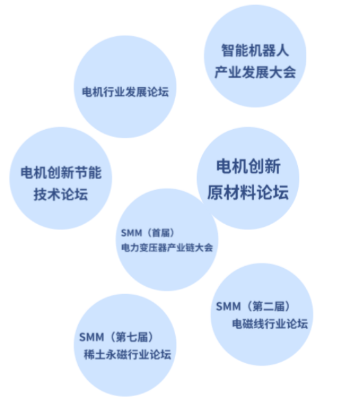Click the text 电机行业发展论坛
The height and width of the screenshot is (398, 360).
click(125, 92)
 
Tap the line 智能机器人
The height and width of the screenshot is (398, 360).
click(255, 50)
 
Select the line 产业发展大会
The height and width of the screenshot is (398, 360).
click(255, 72)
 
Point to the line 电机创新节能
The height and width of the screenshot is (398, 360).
click(61, 173)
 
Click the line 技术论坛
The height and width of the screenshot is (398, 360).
click(61, 194)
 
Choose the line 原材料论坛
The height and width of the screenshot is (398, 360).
click(248, 192)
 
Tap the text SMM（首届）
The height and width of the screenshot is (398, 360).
click(148, 233)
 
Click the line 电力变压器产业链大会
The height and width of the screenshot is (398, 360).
click(167, 247)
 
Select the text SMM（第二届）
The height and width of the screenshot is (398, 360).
click(253, 306)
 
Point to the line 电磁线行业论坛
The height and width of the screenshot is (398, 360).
click(270, 324)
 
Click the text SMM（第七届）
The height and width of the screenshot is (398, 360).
click(116, 337)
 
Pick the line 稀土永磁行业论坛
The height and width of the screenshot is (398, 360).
click(127, 354)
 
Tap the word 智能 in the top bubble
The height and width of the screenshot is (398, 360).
click(235, 50)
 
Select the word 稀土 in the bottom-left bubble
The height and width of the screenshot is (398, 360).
click(94, 354)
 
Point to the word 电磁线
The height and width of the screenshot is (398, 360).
click(248, 324)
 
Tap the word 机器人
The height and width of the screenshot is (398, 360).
click(269, 50)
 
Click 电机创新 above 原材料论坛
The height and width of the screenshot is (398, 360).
click(248, 166)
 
